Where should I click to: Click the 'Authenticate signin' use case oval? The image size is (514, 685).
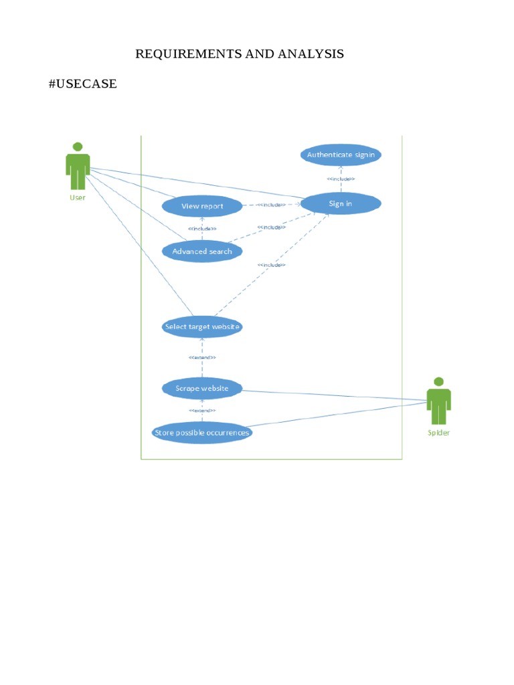click(x=341, y=155)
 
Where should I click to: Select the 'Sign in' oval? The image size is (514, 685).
click(x=341, y=203)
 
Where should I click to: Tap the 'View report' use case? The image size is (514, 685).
click(x=202, y=206)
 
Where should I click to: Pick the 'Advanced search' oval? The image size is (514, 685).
click(x=202, y=252)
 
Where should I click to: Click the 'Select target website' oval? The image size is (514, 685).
click(x=202, y=327)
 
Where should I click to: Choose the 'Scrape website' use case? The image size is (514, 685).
click(x=202, y=388)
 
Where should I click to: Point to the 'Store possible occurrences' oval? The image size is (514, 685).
click(x=202, y=433)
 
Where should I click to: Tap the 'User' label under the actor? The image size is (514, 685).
click(x=78, y=197)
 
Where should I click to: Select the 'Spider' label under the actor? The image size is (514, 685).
click(x=439, y=433)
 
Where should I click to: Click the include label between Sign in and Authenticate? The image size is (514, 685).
click(x=341, y=179)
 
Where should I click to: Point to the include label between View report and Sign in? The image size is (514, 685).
click(x=271, y=205)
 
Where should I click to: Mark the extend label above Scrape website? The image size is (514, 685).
click(x=202, y=358)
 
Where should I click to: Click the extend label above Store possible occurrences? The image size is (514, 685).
click(x=202, y=410)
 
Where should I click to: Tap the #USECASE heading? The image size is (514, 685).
click(x=83, y=84)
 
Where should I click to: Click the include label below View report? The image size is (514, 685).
click(x=202, y=229)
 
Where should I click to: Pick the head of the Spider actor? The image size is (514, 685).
click(x=438, y=381)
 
